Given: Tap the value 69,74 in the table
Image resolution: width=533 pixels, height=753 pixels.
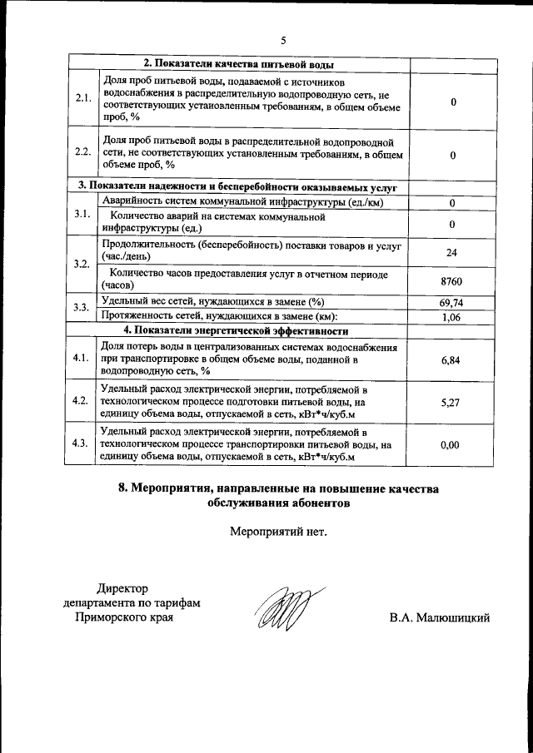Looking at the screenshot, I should (451, 303).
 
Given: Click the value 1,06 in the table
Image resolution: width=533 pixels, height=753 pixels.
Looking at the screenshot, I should (451, 316).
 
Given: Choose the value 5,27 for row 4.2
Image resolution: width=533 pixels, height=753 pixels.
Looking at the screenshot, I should (450, 401).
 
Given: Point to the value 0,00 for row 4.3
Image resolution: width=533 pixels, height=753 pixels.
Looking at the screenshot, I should (450, 444).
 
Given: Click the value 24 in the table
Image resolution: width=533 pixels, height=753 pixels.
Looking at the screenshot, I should (451, 253).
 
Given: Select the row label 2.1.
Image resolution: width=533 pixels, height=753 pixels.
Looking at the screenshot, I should (82, 100).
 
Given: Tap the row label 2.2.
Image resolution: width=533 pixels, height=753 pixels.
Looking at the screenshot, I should (82, 153).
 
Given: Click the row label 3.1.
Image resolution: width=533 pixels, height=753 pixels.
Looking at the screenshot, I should (82, 215).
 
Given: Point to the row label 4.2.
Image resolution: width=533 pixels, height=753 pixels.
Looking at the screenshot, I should (82, 401).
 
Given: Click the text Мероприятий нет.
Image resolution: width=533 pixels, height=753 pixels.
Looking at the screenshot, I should (278, 531).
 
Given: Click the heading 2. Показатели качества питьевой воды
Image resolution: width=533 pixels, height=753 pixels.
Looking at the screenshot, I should (240, 64).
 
